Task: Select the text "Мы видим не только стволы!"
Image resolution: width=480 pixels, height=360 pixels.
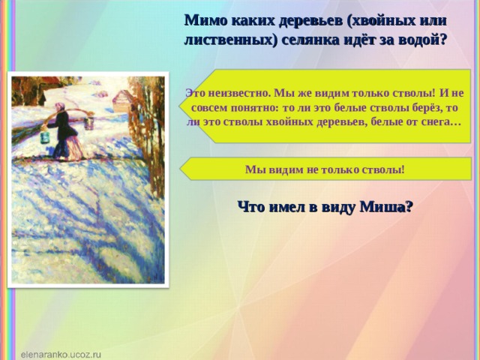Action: [x=325, y=169]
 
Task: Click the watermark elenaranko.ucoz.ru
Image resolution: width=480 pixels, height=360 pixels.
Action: [x=61, y=355]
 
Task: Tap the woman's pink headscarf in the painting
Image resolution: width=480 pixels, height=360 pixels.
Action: [x=61, y=106]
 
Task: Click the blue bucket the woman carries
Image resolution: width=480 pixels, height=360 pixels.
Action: [x=45, y=137]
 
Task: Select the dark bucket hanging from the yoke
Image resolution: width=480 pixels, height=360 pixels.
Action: [x=89, y=123]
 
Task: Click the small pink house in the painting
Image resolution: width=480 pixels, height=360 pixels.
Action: [x=122, y=100]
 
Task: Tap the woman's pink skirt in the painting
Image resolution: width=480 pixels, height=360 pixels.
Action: [x=73, y=147]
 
